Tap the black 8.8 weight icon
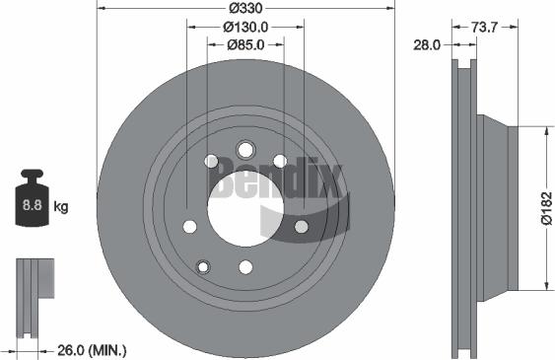[32, 204]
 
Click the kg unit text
[61, 207]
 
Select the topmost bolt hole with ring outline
[244, 150]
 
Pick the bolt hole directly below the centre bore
[244, 267]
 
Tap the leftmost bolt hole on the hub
[187, 227]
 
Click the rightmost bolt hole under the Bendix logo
[302, 227]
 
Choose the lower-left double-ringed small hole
[204, 266]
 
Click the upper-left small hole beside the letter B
[209, 161]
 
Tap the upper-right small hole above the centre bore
[280, 161]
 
